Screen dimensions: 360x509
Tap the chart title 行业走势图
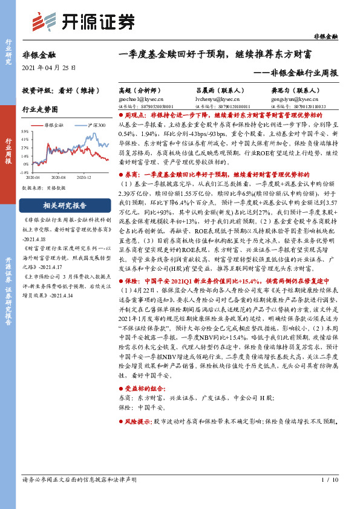pos(40,110)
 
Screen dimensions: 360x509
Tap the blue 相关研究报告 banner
pos(61,205)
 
